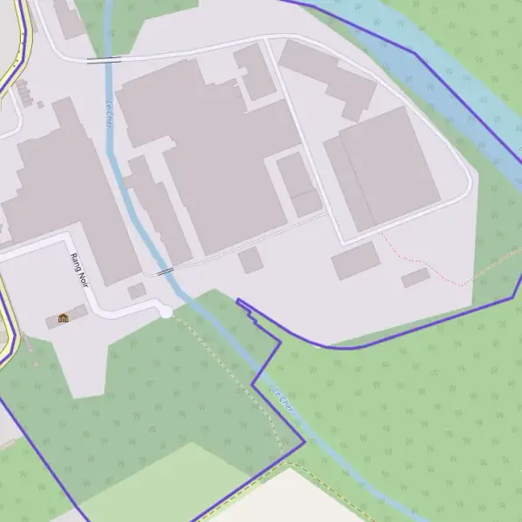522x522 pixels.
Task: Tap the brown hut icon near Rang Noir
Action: pos(64,318)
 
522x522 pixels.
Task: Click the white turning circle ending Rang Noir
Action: pos(165,311)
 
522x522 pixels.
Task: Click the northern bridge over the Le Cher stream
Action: pos(104,60)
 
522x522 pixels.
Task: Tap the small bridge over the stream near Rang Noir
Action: pos(164,271)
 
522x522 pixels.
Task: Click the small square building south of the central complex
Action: pos(251,260)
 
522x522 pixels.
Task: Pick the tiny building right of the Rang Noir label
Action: pos(137,291)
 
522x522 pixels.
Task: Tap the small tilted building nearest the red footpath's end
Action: pos(416,278)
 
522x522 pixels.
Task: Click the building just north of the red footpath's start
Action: pos(356,260)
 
